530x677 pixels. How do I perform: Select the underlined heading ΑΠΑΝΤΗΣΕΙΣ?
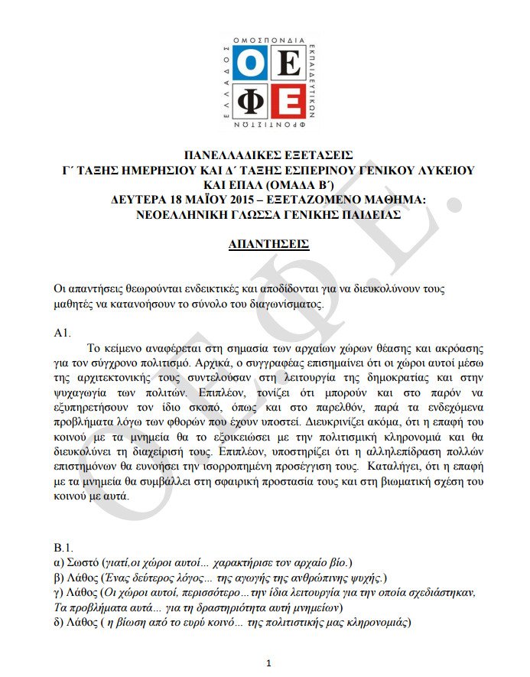[x=268, y=245]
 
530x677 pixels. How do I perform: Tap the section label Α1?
[x=62, y=334]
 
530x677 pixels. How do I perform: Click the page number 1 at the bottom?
[x=268, y=662]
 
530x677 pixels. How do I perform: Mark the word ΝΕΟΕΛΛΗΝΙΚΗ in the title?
[x=174, y=216]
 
